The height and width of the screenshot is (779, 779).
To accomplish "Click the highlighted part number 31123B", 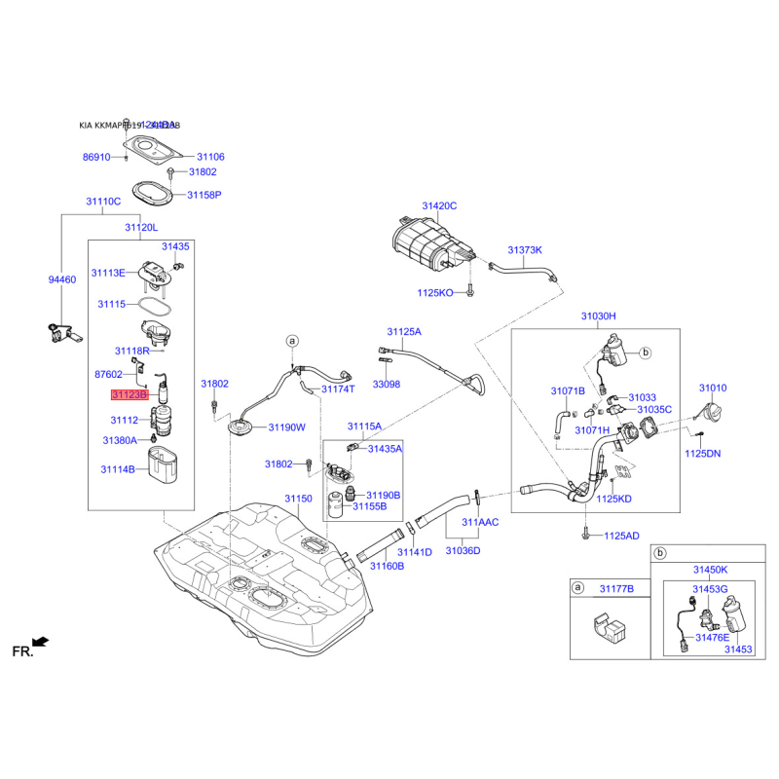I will (x=129, y=396).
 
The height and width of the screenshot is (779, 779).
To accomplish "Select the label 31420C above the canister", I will (x=439, y=206).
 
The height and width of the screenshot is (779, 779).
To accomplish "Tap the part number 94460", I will (x=62, y=279).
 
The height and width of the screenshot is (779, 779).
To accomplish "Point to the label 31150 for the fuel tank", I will (x=298, y=499).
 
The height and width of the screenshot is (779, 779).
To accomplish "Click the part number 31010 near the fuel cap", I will (x=712, y=389).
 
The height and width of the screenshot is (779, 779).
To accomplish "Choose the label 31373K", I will (x=524, y=250).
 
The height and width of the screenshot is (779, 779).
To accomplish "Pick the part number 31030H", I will (x=599, y=316).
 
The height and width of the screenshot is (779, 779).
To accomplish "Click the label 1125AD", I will (x=621, y=536).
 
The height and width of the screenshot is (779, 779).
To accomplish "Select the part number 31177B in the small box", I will (x=616, y=589).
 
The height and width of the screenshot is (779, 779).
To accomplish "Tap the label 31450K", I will (x=710, y=569).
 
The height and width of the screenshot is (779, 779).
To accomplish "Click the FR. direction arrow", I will (x=40, y=641).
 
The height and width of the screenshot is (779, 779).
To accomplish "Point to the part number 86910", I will (x=96, y=157).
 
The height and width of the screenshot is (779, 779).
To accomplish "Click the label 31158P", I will (x=204, y=195).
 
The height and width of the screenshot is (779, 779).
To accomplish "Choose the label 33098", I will (x=387, y=385).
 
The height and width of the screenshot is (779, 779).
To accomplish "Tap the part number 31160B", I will (x=386, y=566).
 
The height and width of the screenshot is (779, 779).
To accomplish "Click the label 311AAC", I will (x=480, y=523).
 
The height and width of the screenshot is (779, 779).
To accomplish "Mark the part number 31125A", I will (x=404, y=332).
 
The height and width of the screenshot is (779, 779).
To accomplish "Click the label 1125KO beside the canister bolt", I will (x=435, y=292).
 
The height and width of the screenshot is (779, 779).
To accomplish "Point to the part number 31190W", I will (x=287, y=427).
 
